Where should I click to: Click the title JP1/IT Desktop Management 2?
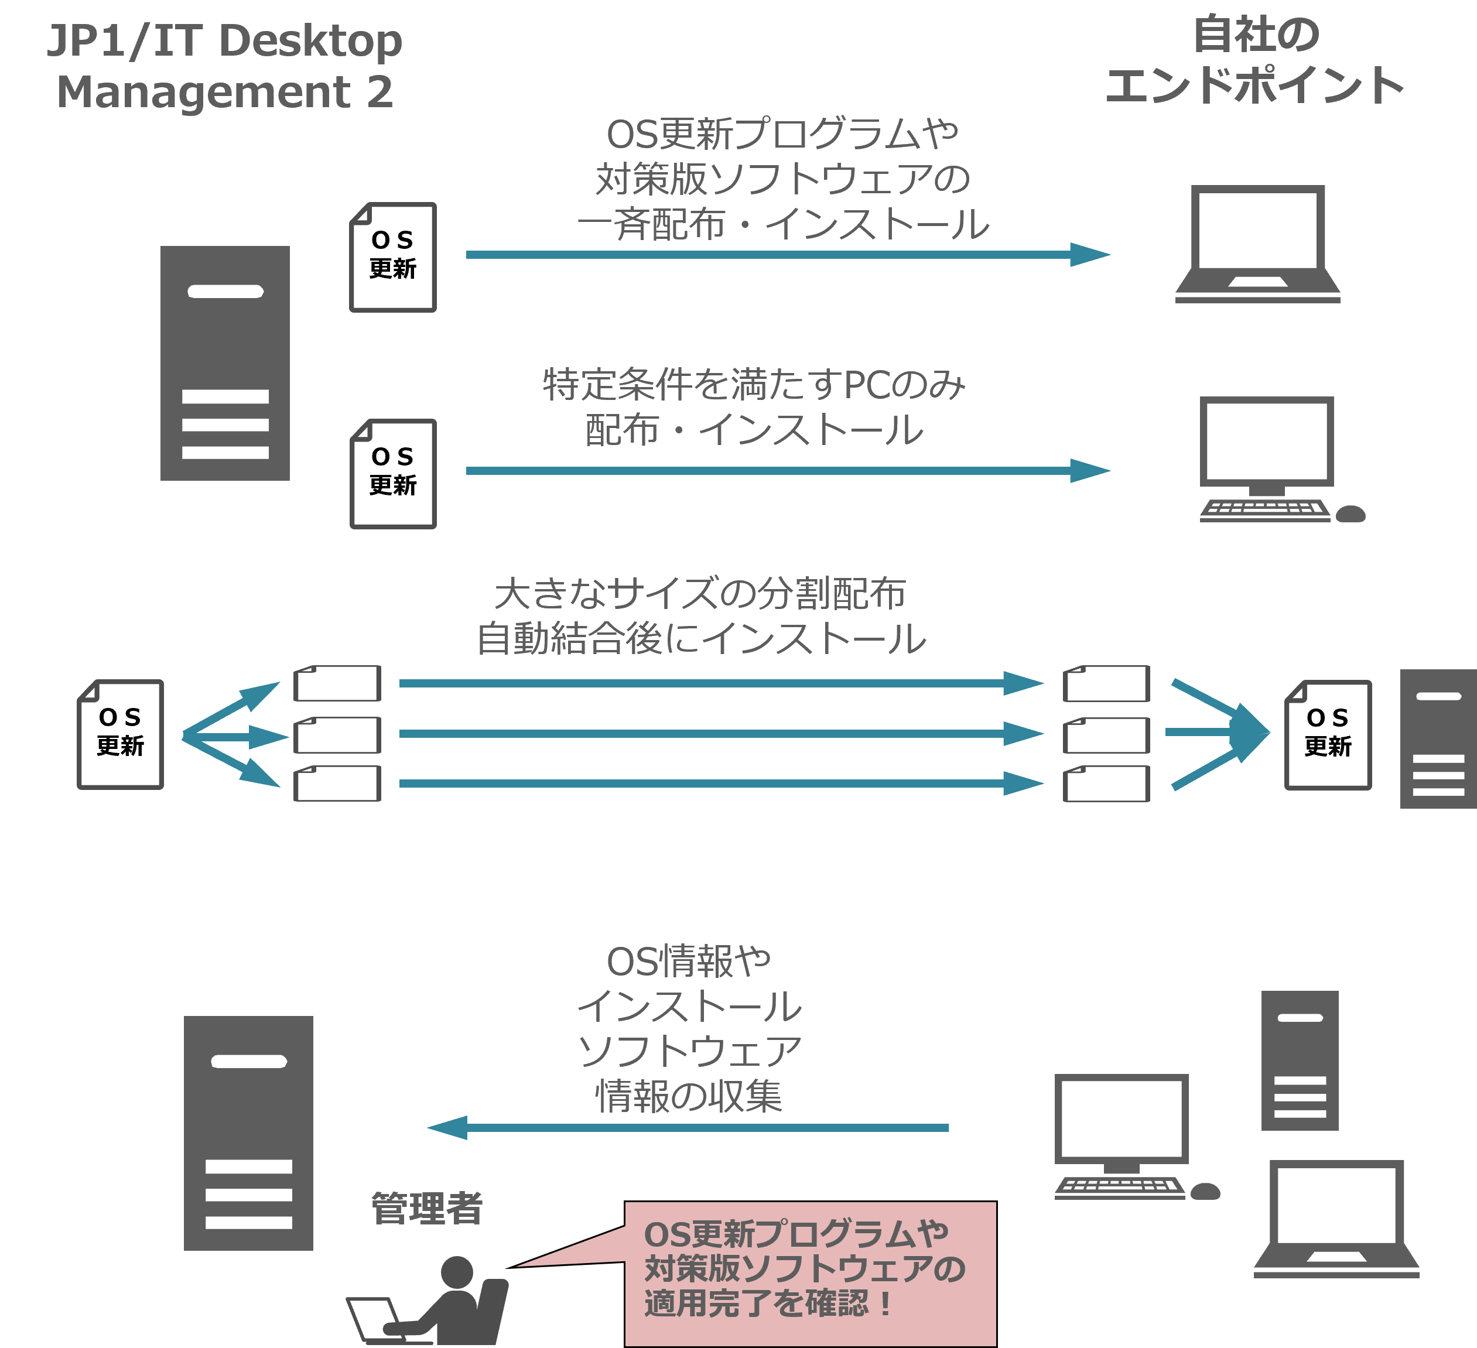click(x=225, y=66)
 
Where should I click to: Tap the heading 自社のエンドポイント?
click(x=1254, y=60)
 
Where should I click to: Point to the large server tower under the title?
click(x=225, y=364)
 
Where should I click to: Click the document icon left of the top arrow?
click(x=394, y=257)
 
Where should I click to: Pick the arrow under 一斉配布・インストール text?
click(x=788, y=255)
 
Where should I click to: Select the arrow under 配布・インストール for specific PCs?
click(x=788, y=470)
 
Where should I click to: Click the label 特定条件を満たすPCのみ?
click(x=754, y=385)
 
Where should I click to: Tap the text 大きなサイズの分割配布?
click(x=700, y=593)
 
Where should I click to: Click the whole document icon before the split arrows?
click(x=120, y=734)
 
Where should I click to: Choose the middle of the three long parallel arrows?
click(x=721, y=733)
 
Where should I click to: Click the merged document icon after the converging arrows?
click(x=1328, y=735)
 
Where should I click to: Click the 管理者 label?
click(x=427, y=1208)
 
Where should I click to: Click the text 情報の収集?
click(x=689, y=1097)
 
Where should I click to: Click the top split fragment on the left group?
click(x=337, y=683)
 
